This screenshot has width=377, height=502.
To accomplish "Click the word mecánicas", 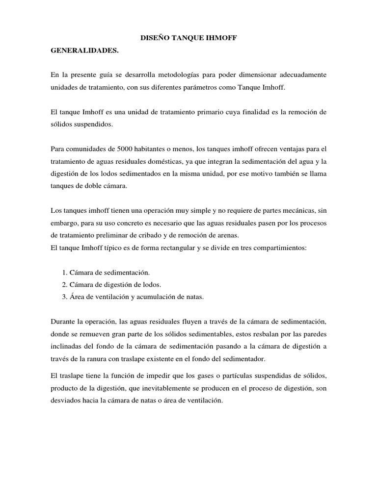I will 284,211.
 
